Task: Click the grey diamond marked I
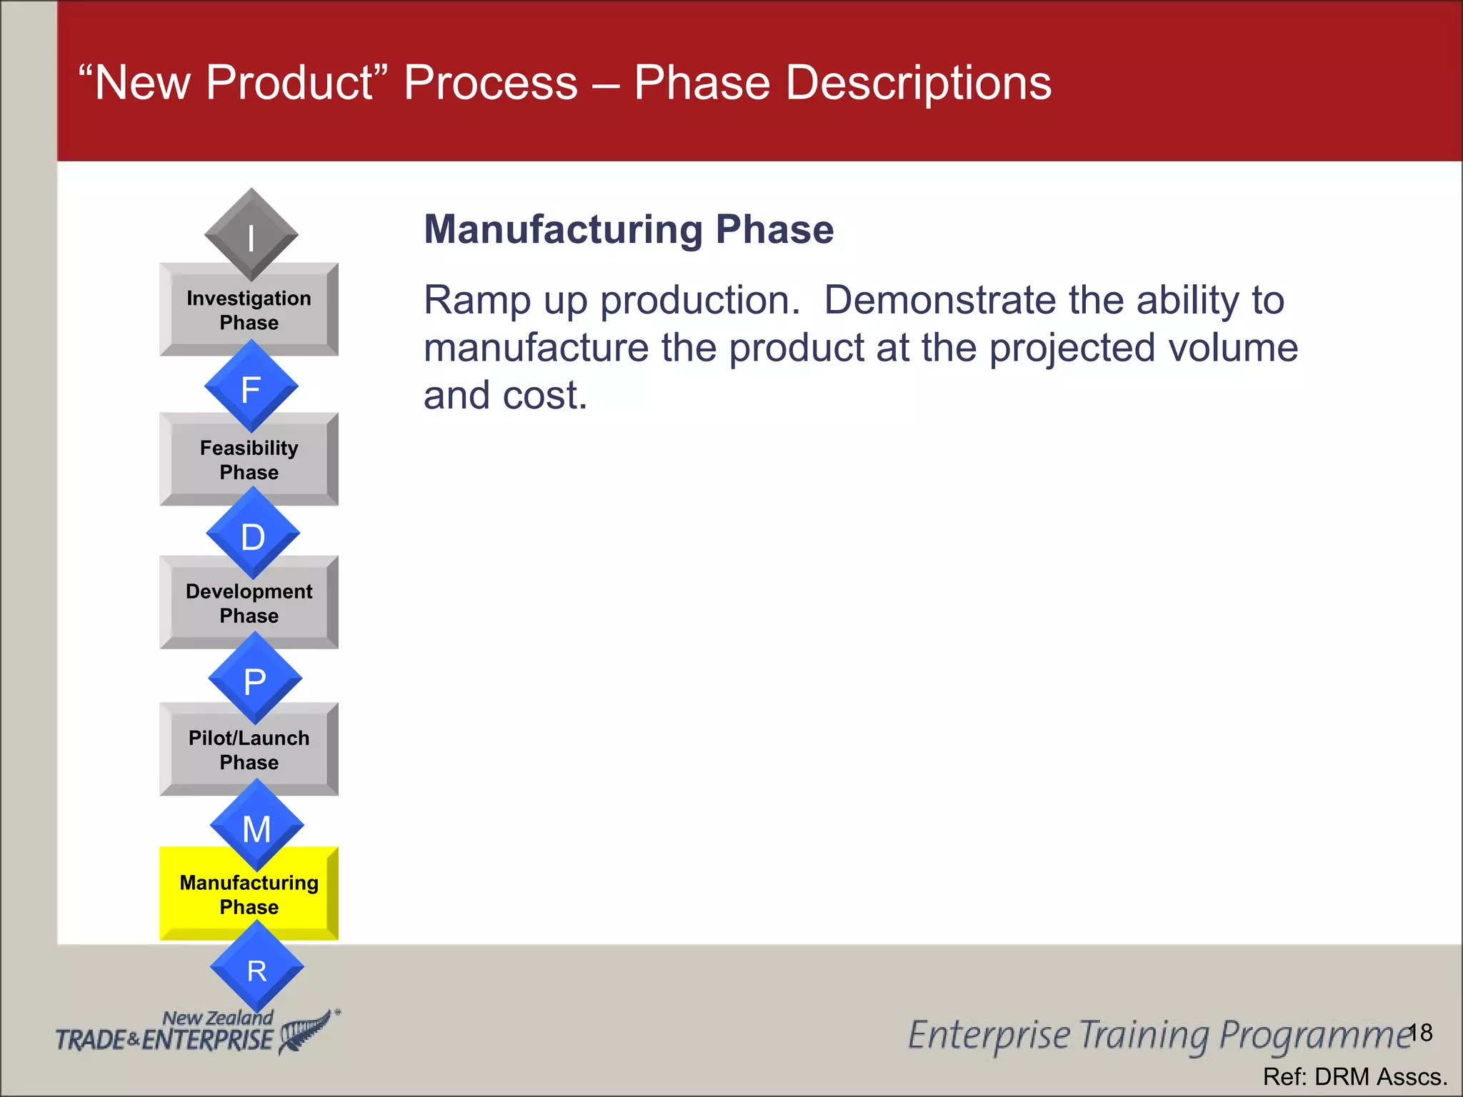251,235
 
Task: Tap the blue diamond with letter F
251,387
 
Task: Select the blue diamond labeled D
252,534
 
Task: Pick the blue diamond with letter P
254,679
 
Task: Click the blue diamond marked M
256,826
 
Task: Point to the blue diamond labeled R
256,968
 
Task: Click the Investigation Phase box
249,311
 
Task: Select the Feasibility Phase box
249,461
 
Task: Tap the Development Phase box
249,604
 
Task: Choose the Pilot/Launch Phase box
249,751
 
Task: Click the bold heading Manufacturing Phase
628,230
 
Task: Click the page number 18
1420,1033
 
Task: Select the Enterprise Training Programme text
1157,1036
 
